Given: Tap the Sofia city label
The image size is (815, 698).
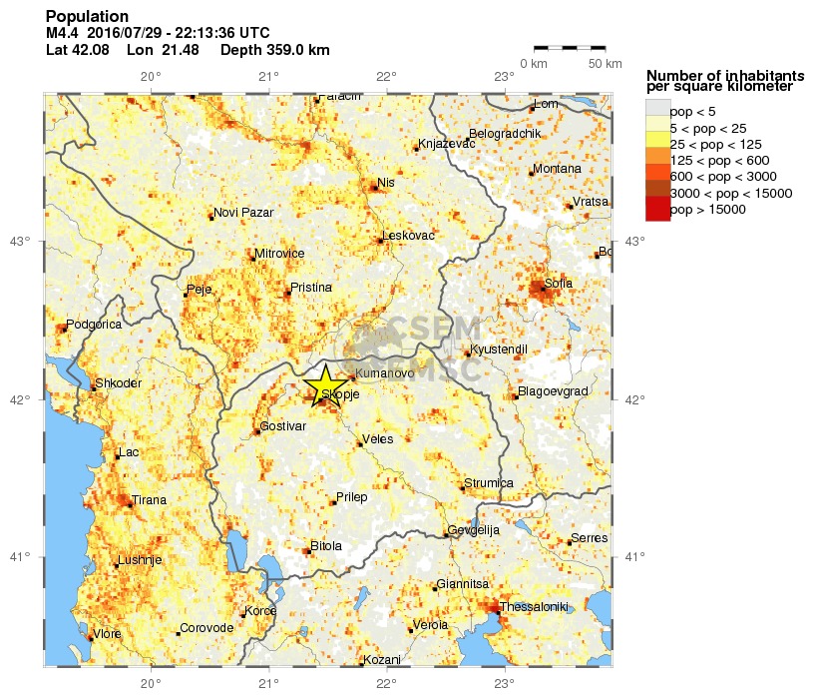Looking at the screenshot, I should [x=559, y=284].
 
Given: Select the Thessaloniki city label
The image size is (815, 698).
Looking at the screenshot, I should [x=533, y=606].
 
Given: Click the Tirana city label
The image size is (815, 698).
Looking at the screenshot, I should [x=150, y=499].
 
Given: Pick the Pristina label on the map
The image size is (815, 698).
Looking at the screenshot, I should [x=310, y=288].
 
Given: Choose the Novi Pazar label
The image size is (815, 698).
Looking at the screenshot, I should [x=243, y=212].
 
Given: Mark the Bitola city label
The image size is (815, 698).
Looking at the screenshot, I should [x=326, y=546].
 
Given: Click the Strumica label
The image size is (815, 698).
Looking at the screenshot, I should [x=490, y=483].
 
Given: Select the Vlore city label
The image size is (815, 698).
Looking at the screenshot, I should [x=107, y=633].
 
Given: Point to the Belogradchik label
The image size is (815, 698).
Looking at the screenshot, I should [x=505, y=134].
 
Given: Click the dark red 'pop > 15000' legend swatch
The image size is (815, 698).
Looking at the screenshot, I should [x=657, y=210].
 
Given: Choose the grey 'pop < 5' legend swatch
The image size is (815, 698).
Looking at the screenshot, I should [x=657, y=108].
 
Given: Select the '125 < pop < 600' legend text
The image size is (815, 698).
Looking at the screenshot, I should [x=718, y=161].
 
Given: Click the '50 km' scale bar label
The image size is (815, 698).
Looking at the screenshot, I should [x=605, y=64].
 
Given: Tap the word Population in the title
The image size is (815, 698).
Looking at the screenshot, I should [x=87, y=17].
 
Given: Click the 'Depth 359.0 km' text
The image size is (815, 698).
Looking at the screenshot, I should [x=274, y=50].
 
